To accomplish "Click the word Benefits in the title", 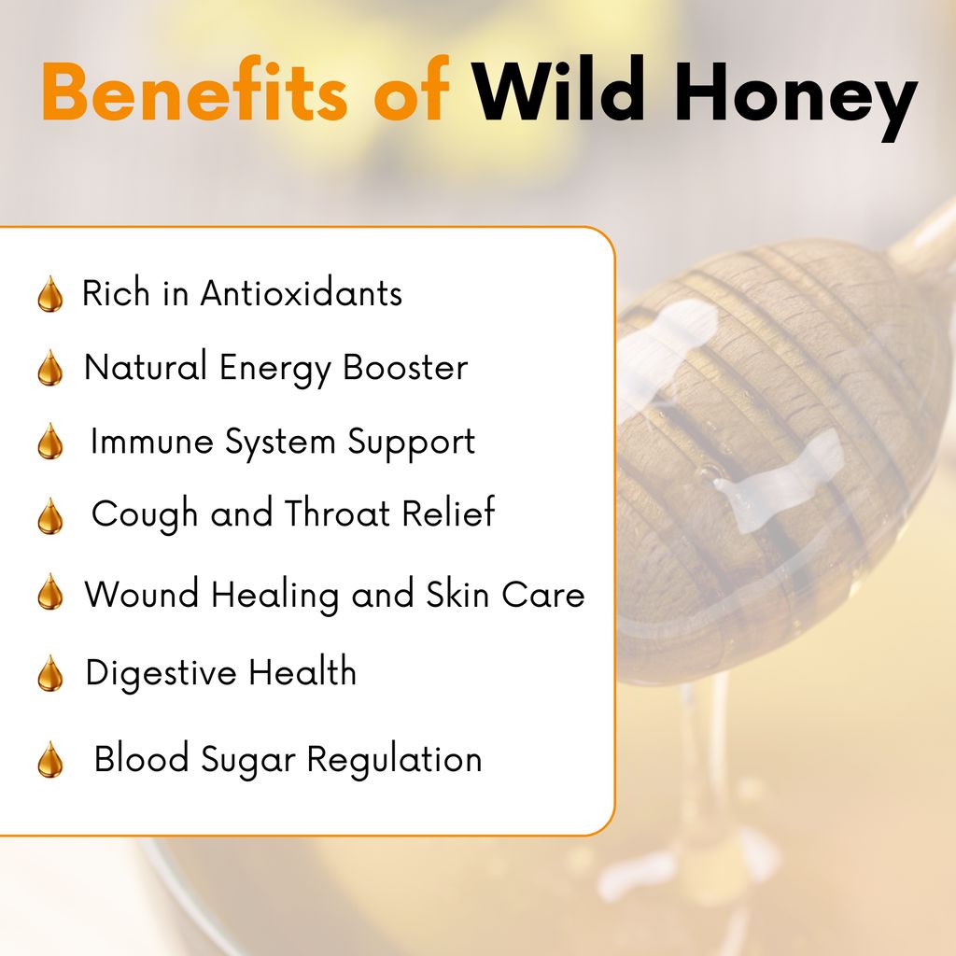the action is pyautogui.click(x=194, y=91).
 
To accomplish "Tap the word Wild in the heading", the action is pyautogui.click(x=558, y=90).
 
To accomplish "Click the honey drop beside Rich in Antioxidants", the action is pyautogui.click(x=50, y=294).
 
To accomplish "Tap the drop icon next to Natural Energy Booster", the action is pyautogui.click(x=50, y=368).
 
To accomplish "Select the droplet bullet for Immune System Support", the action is pyautogui.click(x=50, y=441).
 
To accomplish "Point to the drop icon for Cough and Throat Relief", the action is pyautogui.click(x=50, y=515).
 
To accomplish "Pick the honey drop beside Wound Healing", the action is pyautogui.click(x=50, y=591).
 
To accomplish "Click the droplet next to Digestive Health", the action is pyautogui.click(x=50, y=673).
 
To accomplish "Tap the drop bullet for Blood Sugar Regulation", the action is pyautogui.click(x=50, y=760).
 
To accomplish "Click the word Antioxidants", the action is pyautogui.click(x=302, y=293).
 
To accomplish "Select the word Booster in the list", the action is pyautogui.click(x=405, y=367).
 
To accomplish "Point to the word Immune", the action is pyautogui.click(x=152, y=442).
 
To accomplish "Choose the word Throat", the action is pyautogui.click(x=337, y=513).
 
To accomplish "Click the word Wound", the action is pyautogui.click(x=142, y=594).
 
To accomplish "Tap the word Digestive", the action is pyautogui.click(x=161, y=672).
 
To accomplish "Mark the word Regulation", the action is pyautogui.click(x=394, y=760).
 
